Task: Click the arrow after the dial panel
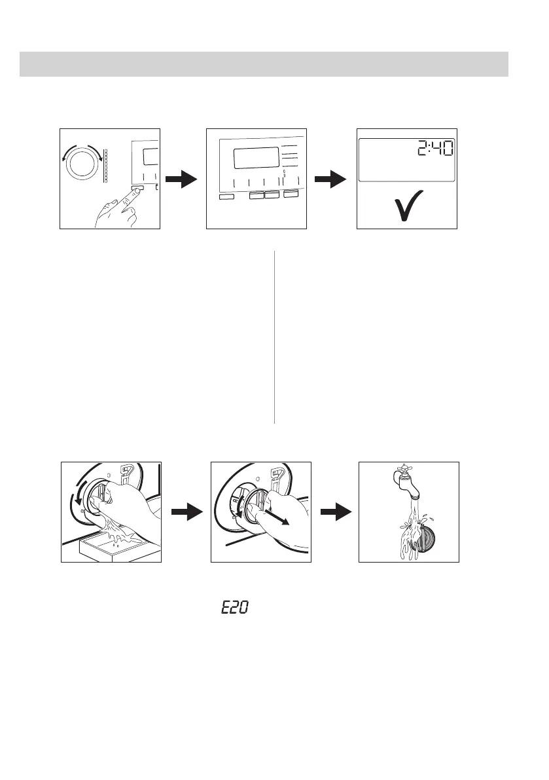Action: click(x=181, y=179)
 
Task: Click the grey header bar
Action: click(x=264, y=64)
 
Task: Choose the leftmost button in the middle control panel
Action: click(x=226, y=196)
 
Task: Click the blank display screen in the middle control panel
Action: click(x=253, y=158)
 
